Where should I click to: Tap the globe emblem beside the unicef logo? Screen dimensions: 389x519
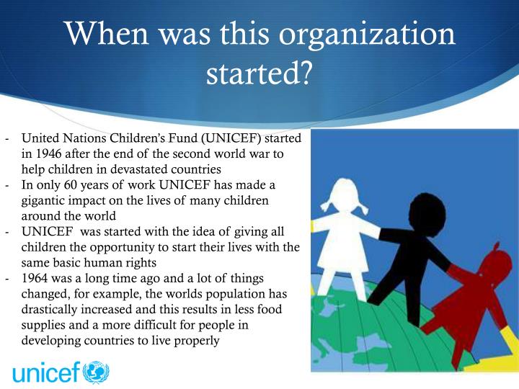tap(97, 373)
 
